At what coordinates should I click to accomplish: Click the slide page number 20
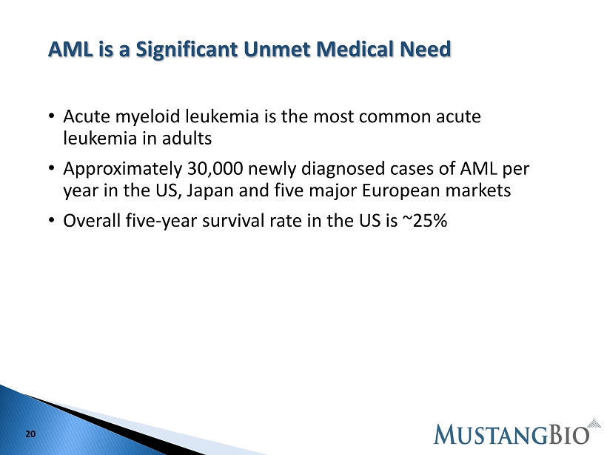point(30,434)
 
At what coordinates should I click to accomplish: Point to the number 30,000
point(215,169)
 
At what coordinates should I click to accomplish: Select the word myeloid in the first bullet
point(148,116)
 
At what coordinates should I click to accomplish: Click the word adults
point(187,139)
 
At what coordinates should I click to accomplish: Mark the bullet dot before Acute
point(52,116)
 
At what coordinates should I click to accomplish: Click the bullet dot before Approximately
point(52,167)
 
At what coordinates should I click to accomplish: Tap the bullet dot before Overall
point(52,220)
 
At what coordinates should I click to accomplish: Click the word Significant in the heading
point(187,50)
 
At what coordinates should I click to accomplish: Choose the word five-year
point(161,221)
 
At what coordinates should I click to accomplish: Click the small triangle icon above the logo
point(594,423)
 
